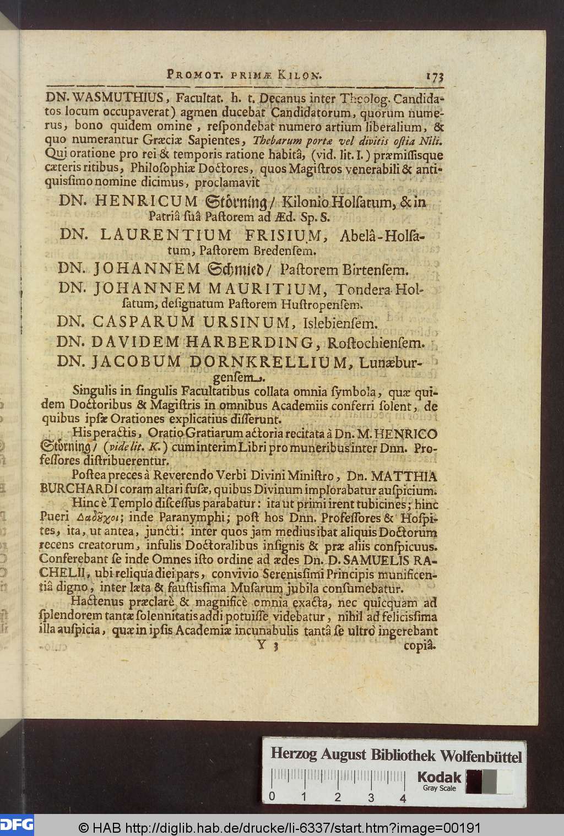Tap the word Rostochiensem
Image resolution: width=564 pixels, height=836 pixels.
pyautogui.click(x=375, y=344)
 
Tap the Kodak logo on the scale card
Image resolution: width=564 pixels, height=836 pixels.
pyautogui.click(x=439, y=777)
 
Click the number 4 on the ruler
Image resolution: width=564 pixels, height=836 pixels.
pyautogui.click(x=404, y=797)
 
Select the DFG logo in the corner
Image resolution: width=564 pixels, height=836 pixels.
pyautogui.click(x=17, y=824)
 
